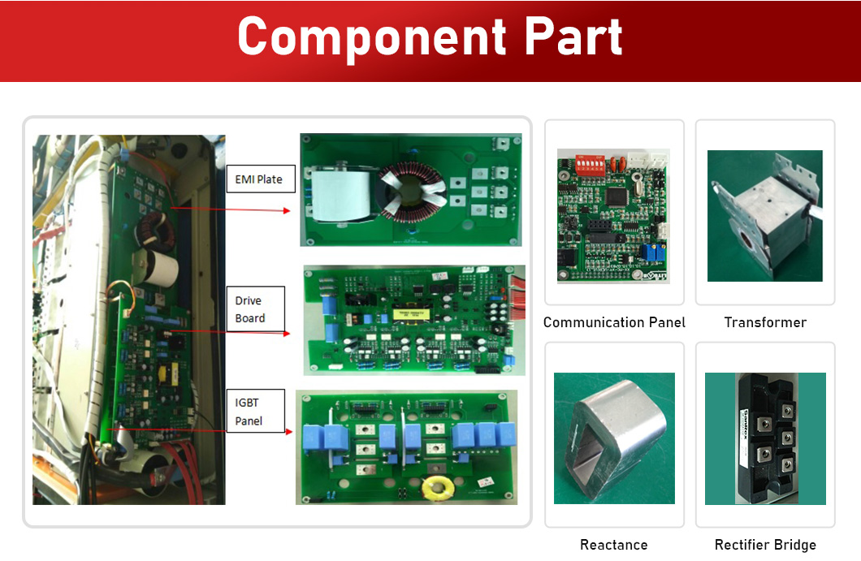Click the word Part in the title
pos(573,37)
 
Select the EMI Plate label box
pos(258,179)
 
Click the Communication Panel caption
pos(614,322)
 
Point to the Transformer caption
pos(765,322)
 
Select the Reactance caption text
pos(614,545)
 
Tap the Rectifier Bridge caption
pos(765,545)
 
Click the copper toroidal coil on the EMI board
pos(411,192)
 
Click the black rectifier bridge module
pos(764,439)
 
